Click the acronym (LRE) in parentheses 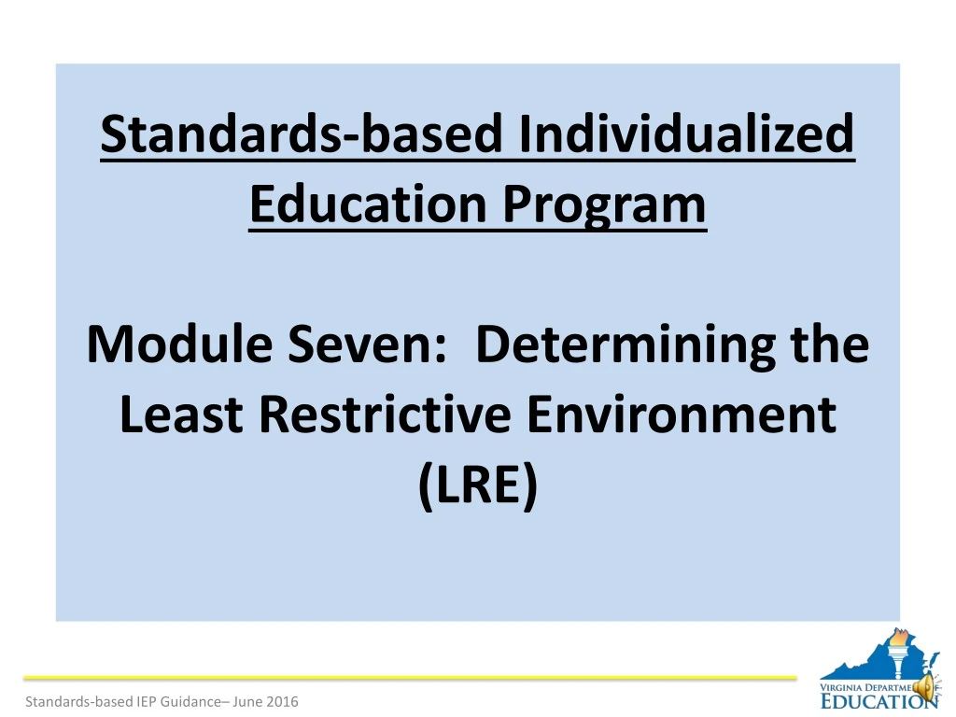tap(478, 485)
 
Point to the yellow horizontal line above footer tap(411, 677)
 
